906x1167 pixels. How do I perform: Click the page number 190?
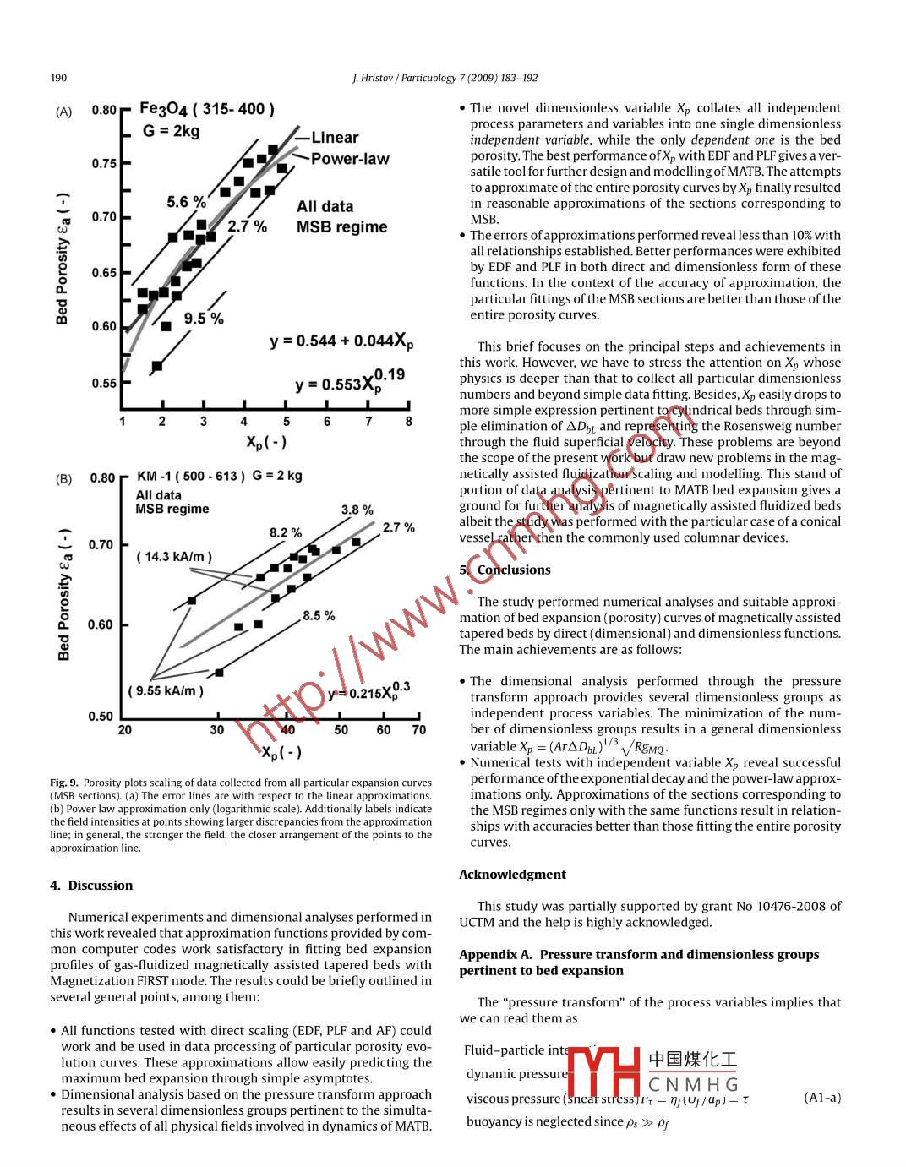(58, 78)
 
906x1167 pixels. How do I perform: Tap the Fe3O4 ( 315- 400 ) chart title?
(206, 109)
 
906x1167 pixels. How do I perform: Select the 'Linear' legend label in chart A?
(335, 138)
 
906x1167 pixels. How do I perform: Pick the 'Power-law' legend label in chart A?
(350, 159)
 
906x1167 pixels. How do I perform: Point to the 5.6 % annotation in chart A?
(186, 202)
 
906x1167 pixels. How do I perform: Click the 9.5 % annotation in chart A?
(204, 319)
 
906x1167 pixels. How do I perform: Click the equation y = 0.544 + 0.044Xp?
(341, 341)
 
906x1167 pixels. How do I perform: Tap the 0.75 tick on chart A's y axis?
(104, 163)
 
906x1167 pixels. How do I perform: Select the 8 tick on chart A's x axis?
(409, 421)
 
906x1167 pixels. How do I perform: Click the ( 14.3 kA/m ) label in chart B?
(174, 557)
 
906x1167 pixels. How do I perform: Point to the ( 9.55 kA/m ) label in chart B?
(166, 691)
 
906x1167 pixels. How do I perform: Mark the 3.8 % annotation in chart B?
(357, 510)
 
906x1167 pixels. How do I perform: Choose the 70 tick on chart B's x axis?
(419, 730)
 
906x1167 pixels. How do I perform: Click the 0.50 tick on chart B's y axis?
(101, 717)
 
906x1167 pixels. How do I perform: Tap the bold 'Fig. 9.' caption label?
(63, 783)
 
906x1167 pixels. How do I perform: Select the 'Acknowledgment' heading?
(512, 875)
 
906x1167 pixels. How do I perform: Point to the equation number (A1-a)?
(822, 1098)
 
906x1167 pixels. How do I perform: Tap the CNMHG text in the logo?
(693, 1084)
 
